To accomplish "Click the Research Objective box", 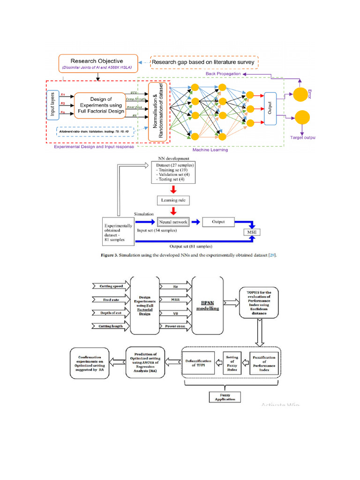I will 97,64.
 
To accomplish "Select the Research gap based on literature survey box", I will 204,62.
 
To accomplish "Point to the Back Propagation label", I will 223,74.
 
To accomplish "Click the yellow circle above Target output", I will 302,117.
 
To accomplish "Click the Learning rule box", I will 173,200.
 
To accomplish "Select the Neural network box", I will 173,222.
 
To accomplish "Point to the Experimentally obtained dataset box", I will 118,231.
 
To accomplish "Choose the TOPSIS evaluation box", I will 259,302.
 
